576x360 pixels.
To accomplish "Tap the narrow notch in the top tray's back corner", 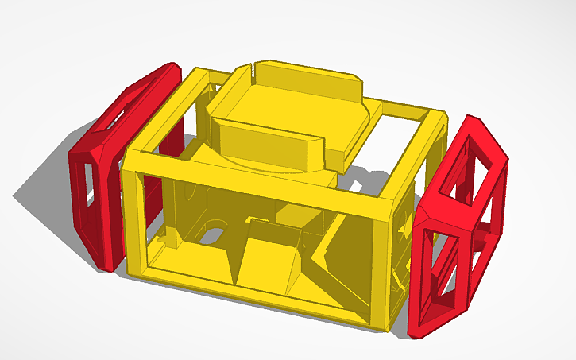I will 253,66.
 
